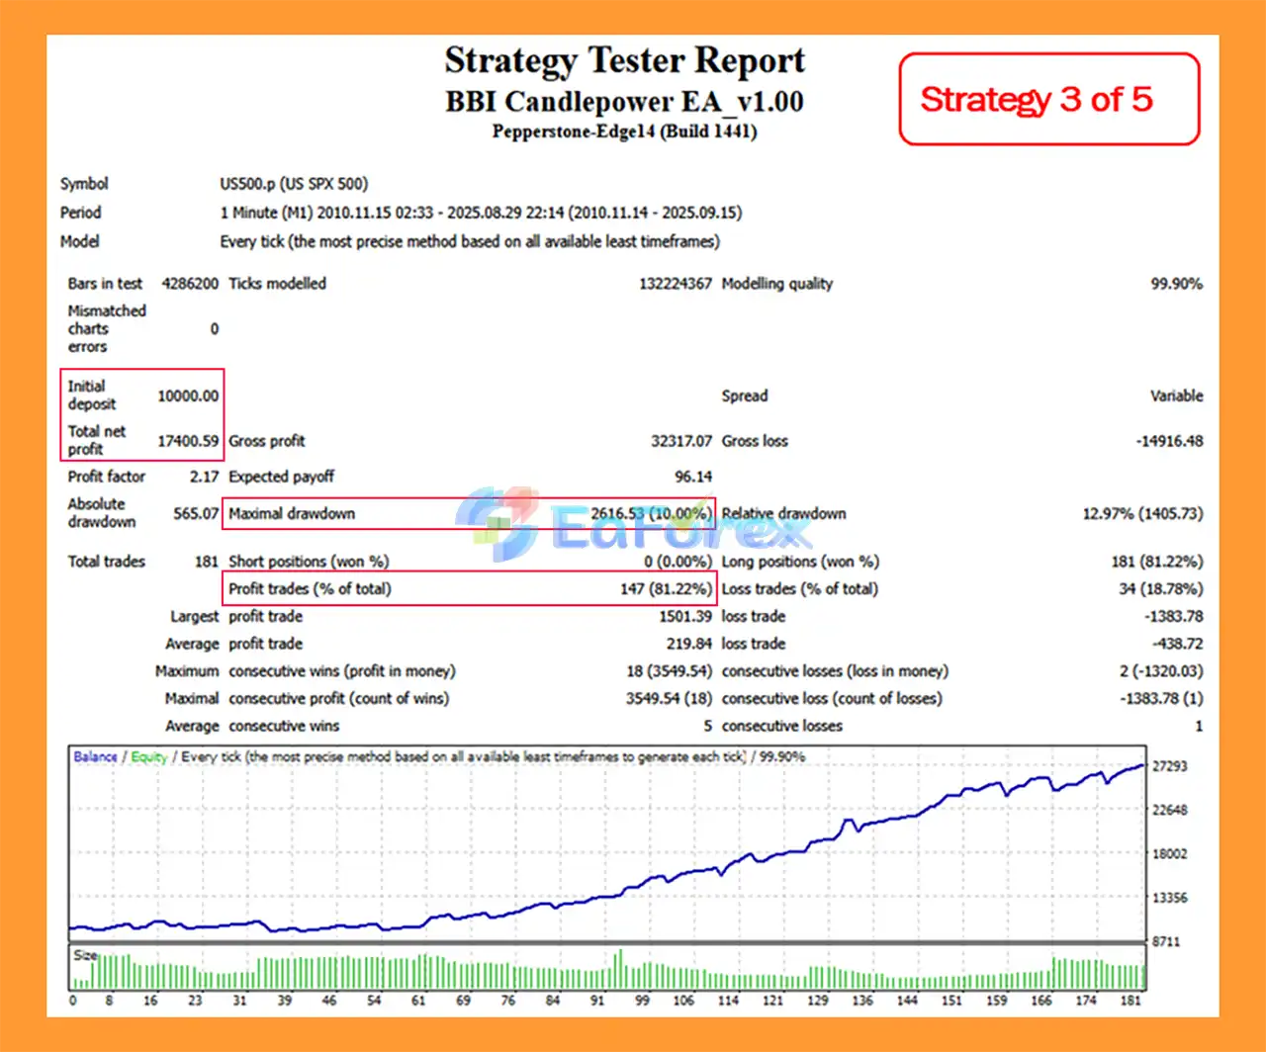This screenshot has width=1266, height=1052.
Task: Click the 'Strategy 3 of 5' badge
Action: tap(1037, 99)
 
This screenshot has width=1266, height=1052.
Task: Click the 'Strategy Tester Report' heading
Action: tap(624, 60)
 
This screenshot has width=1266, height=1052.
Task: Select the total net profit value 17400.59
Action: tap(188, 441)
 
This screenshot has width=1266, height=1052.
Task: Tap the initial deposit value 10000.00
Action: tap(188, 395)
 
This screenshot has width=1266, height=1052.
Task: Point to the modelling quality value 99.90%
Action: tap(1176, 284)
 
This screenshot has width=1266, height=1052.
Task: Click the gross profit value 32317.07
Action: tap(680, 441)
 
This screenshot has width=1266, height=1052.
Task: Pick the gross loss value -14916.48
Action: tap(1169, 441)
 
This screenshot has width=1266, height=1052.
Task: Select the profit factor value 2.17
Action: tap(204, 477)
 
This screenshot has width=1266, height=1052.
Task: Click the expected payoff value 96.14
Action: tap(692, 477)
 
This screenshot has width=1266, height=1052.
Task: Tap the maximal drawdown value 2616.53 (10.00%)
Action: tap(651, 513)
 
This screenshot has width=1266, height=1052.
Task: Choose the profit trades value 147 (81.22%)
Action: tap(666, 589)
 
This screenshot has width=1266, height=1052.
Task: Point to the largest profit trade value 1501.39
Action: tap(684, 617)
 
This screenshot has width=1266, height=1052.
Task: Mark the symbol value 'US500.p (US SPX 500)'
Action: tap(294, 184)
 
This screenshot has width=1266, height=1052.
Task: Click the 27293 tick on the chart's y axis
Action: tap(1170, 766)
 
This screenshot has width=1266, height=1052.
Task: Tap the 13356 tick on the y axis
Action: tap(1170, 898)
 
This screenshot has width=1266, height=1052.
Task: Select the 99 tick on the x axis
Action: tap(642, 1001)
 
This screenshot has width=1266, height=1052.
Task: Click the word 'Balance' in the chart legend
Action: tap(95, 757)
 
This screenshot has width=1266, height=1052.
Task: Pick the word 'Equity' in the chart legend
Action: tap(148, 757)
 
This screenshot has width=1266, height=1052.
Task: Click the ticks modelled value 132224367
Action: tap(675, 284)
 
